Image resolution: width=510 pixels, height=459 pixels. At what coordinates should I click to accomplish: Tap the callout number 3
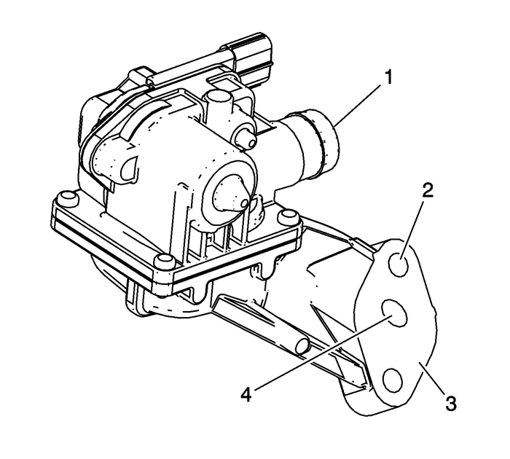(451, 402)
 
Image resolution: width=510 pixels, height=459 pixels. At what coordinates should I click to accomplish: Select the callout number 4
(247, 394)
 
